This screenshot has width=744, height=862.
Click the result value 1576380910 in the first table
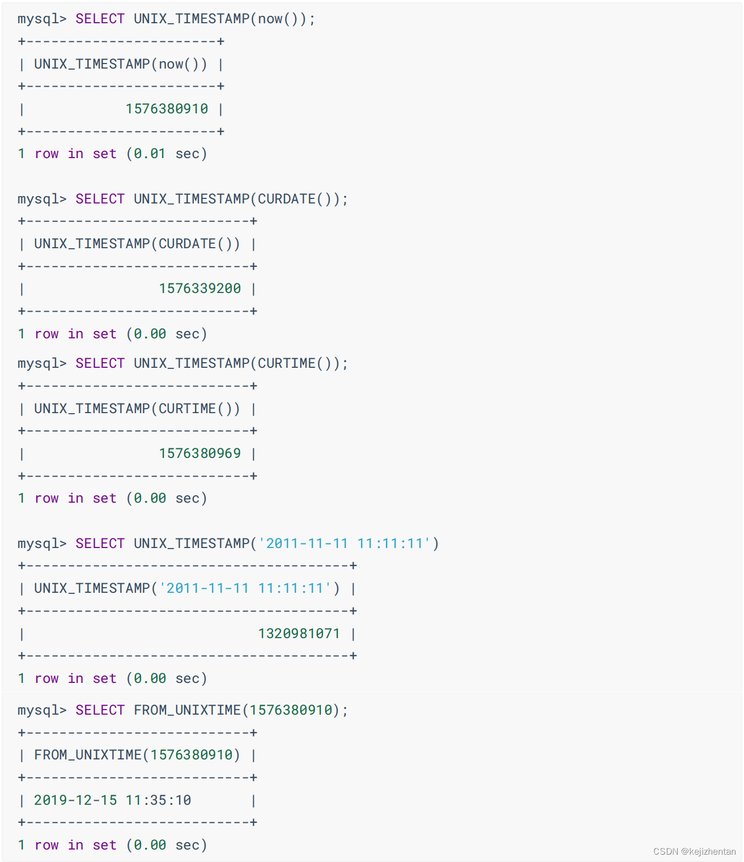pyautogui.click(x=167, y=109)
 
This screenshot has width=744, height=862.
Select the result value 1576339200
pyautogui.click(x=199, y=288)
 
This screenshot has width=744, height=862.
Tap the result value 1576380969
pyautogui.click(x=199, y=453)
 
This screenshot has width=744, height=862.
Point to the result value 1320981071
pyautogui.click(x=299, y=634)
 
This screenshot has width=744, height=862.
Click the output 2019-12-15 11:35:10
pyautogui.click(x=112, y=800)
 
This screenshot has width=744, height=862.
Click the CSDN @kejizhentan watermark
pyautogui.click(x=694, y=851)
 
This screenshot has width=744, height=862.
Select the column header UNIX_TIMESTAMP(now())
pyautogui.click(x=120, y=64)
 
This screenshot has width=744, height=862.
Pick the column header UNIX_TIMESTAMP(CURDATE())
pyautogui.click(x=137, y=244)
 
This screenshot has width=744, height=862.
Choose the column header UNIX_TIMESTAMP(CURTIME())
pyautogui.click(x=137, y=409)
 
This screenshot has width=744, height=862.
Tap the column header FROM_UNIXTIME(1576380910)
pyautogui.click(x=137, y=755)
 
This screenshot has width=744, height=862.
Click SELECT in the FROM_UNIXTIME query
pyautogui.click(x=100, y=710)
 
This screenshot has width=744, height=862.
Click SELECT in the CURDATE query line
pyautogui.click(x=100, y=199)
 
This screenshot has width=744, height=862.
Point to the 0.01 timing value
pyautogui.click(x=150, y=154)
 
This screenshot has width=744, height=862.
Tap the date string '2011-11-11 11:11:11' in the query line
pyautogui.click(x=345, y=543)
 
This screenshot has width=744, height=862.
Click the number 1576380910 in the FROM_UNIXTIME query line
pyautogui.click(x=291, y=710)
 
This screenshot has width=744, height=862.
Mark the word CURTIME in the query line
pyautogui.click(x=287, y=363)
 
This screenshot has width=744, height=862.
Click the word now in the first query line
pyautogui.click(x=270, y=19)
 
